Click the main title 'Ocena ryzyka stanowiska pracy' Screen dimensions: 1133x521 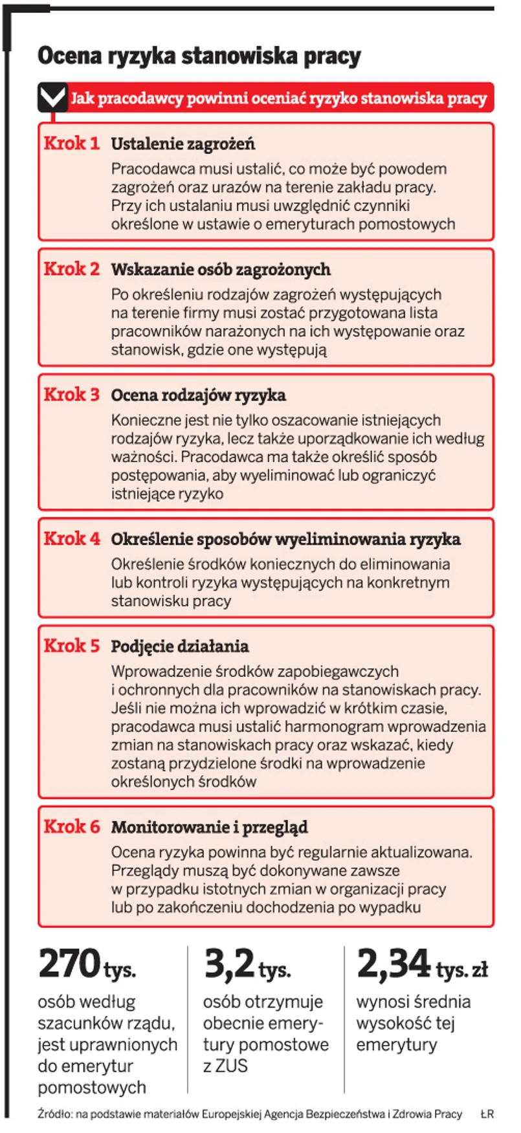point(199,56)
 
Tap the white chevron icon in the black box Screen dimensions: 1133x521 point(52,98)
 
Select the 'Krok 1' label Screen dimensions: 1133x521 point(72,143)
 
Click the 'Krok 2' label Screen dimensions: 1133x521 point(72,269)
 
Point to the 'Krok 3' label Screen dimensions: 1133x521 point(72,394)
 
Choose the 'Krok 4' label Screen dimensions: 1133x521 point(72,538)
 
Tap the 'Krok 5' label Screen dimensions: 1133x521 point(72,645)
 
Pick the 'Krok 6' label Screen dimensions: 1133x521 point(72,826)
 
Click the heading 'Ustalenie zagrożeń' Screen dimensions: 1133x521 point(183,144)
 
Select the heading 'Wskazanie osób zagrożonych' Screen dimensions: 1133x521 point(221,269)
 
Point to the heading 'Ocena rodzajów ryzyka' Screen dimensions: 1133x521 point(198,395)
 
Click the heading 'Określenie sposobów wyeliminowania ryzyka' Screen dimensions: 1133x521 point(285,539)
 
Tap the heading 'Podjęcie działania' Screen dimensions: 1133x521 point(180,646)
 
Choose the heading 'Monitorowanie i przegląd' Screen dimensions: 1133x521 point(209,827)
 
